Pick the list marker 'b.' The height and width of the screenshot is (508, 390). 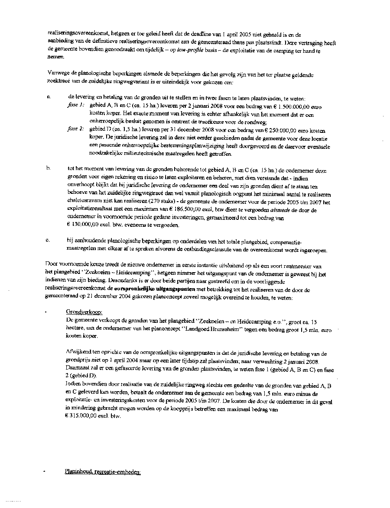[49, 167]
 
